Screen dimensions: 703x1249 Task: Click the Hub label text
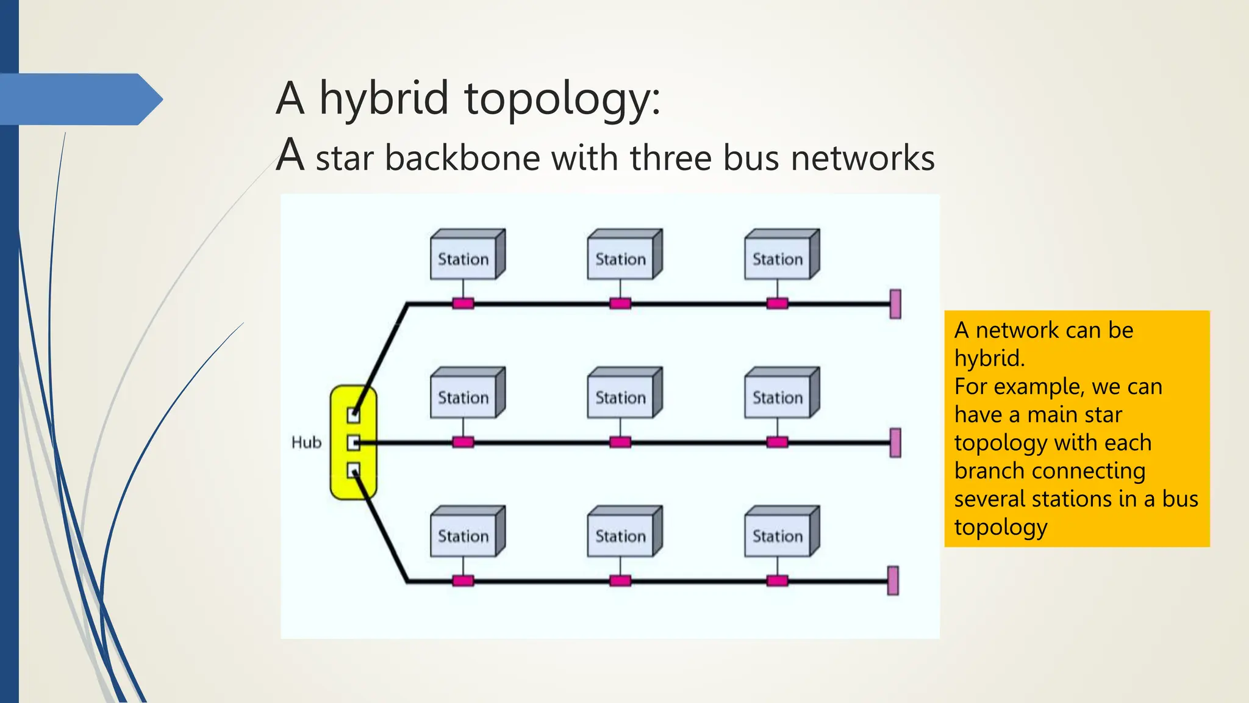coord(306,442)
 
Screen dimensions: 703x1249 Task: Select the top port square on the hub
coord(353,415)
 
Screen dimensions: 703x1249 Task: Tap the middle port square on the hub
coord(353,442)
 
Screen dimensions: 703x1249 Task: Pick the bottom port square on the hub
coord(353,470)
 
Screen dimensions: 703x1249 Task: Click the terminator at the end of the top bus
coord(895,304)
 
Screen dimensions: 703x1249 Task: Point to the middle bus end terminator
coord(895,442)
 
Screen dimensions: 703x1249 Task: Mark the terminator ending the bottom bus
coord(893,580)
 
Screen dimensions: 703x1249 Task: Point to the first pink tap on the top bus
coord(463,303)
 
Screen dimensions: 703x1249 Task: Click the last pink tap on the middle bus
coord(777,442)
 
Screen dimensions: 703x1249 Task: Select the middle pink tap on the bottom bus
coord(620,580)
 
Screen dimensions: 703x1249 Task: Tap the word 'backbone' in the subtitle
coord(462,157)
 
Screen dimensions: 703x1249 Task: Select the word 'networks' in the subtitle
coord(862,157)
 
